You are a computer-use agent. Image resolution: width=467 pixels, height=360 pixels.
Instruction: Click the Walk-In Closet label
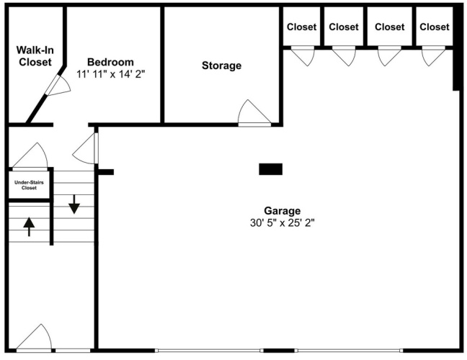pyautogui.click(x=35, y=56)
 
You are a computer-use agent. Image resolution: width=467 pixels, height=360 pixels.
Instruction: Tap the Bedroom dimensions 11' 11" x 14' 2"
pyautogui.click(x=110, y=74)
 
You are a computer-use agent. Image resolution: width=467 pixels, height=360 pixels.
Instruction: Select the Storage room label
pyautogui.click(x=221, y=66)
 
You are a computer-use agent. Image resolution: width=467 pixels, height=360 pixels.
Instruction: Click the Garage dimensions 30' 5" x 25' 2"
pyautogui.click(x=282, y=222)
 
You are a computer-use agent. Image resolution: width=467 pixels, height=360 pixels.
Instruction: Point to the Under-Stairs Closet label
pyautogui.click(x=29, y=185)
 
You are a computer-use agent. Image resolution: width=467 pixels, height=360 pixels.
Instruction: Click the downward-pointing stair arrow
pyautogui.click(x=74, y=204)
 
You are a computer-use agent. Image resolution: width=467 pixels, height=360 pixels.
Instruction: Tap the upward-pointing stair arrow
pyautogui.click(x=29, y=227)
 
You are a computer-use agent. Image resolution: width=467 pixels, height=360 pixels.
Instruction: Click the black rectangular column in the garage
pyautogui.click(x=270, y=169)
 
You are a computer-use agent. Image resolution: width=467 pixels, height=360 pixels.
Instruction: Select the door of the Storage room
pyautogui.click(x=254, y=113)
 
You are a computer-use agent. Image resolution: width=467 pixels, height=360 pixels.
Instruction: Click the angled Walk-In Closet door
pyautogui.click(x=58, y=86)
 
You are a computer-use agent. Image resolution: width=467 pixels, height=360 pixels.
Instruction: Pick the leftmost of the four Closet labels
pyautogui.click(x=301, y=27)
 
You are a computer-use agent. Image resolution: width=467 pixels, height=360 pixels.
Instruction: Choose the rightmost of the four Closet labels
pyautogui.click(x=435, y=27)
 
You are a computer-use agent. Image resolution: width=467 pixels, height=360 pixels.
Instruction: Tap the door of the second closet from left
pyautogui.click(x=344, y=56)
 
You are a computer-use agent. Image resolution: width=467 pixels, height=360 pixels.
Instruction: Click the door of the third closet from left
pyautogui.click(x=390, y=56)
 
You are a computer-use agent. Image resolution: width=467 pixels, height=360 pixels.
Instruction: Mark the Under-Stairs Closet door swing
pyautogui.click(x=30, y=156)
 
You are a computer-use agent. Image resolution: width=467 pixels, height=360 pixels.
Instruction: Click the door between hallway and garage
pyautogui.click(x=86, y=148)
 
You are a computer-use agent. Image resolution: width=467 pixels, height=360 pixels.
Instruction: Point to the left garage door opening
pyautogui.click(x=210, y=351)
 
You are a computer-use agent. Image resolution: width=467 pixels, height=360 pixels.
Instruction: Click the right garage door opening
pyautogui.click(x=349, y=351)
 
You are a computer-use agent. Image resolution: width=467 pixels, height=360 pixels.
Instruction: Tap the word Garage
pyautogui.click(x=282, y=211)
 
